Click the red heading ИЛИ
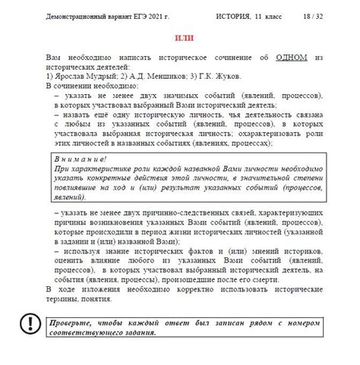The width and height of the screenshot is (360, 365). (x=184, y=38)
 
